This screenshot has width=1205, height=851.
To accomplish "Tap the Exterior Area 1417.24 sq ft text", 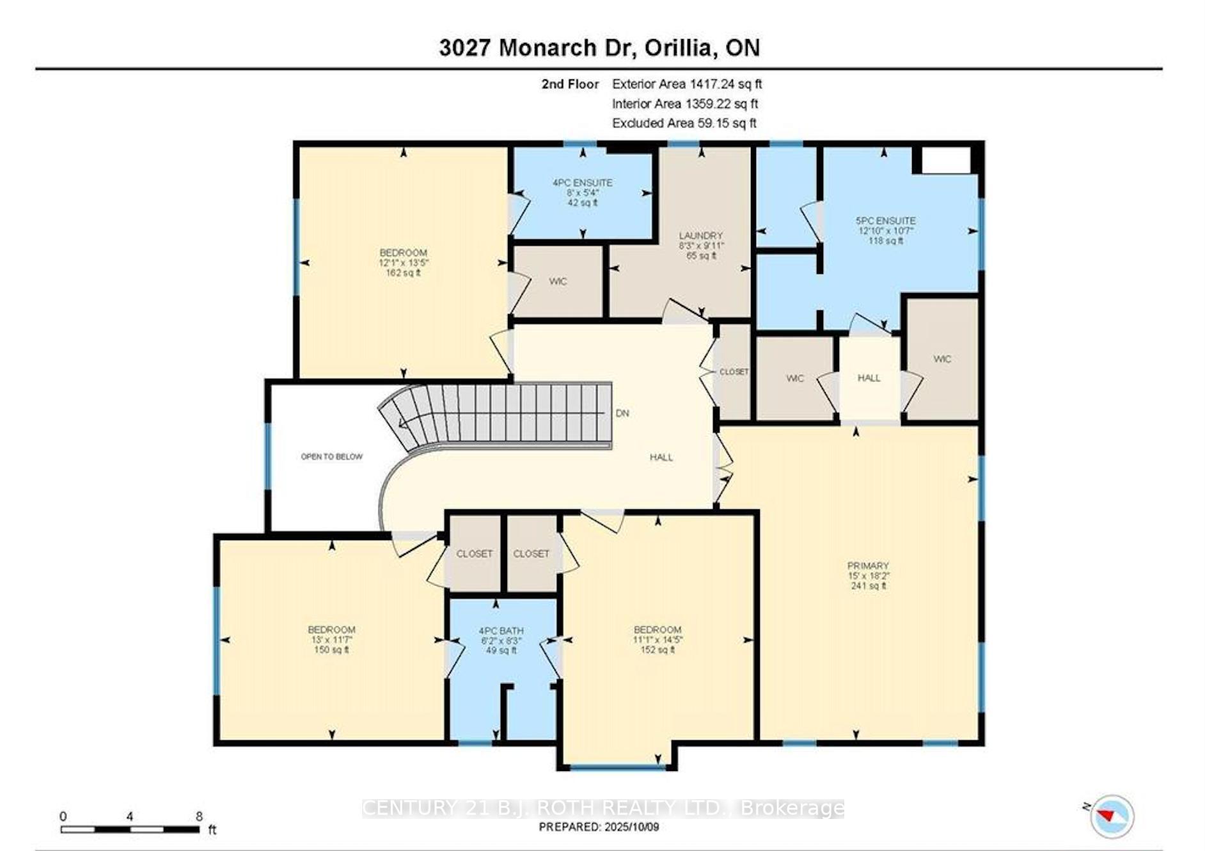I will tap(686, 84).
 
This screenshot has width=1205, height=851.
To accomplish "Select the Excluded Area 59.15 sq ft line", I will tap(684, 123).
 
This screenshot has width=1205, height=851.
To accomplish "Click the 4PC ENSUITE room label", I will tap(582, 183).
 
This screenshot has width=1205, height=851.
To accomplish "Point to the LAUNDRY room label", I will tap(701, 236).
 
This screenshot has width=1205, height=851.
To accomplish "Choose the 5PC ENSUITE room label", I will tap(885, 221).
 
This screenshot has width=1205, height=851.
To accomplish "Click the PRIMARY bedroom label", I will tap(868, 566).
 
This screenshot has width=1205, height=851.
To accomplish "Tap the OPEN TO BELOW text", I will tap(331, 457).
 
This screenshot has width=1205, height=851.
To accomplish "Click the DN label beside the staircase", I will tap(622, 413).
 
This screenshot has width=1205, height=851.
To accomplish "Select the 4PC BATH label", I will tap(501, 631).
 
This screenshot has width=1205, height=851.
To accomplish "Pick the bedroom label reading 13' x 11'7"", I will tap(331, 639).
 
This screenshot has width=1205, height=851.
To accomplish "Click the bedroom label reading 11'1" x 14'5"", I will tap(658, 639).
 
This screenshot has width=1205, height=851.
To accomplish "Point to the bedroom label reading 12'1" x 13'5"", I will tap(403, 262).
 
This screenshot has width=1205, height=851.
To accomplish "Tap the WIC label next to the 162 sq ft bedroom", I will tap(558, 282).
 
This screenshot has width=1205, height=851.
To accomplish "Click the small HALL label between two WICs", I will tap(869, 378).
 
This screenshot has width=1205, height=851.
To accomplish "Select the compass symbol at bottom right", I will tap(1112, 816).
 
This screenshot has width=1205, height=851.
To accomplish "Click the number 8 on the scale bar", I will tap(199, 816).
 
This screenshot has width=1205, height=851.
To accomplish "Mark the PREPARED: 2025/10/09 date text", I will tap(599, 827).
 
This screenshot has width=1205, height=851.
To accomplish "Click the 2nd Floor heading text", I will tap(570, 84).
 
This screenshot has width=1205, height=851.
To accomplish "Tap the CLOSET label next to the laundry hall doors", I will tap(734, 372).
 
